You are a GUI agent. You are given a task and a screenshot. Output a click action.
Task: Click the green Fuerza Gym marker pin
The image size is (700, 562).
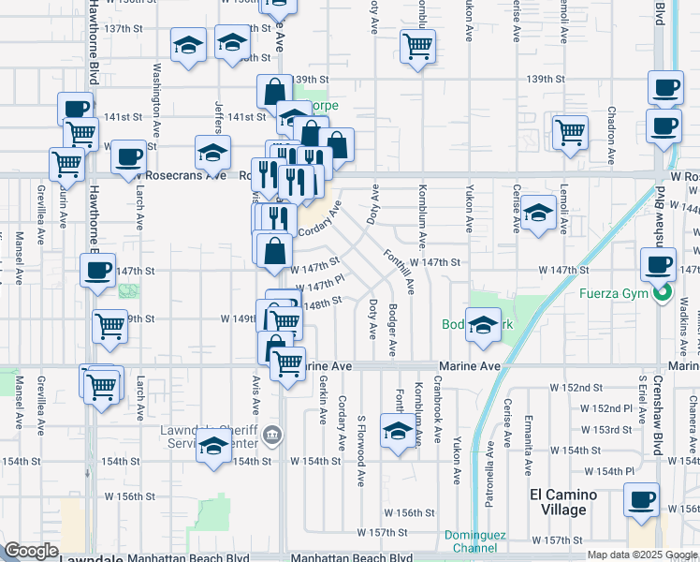pyautogui.click(x=663, y=294)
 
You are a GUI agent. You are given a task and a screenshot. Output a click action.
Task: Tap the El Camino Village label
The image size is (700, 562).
pyautogui.click(x=558, y=502)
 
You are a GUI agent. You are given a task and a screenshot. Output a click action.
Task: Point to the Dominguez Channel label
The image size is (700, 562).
pyautogui.click(x=474, y=541)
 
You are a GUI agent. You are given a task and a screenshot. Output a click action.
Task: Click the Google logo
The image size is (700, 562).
pyautogui.click(x=31, y=551)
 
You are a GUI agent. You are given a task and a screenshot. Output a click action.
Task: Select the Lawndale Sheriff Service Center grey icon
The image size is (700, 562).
pyautogui.click(x=272, y=434)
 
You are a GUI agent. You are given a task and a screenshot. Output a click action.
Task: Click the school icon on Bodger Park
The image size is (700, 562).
pyautogui.click(x=483, y=325)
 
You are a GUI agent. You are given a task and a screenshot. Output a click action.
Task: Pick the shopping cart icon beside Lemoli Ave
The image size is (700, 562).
pyautogui.click(x=569, y=131)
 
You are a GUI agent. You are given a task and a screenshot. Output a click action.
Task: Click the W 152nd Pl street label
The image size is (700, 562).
pyautogui.click(x=605, y=408)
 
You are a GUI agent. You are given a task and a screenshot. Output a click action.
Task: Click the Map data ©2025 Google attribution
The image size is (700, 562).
pyautogui.click(x=642, y=555)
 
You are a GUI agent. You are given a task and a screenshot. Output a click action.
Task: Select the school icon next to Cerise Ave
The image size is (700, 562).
pyautogui.click(x=538, y=213)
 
